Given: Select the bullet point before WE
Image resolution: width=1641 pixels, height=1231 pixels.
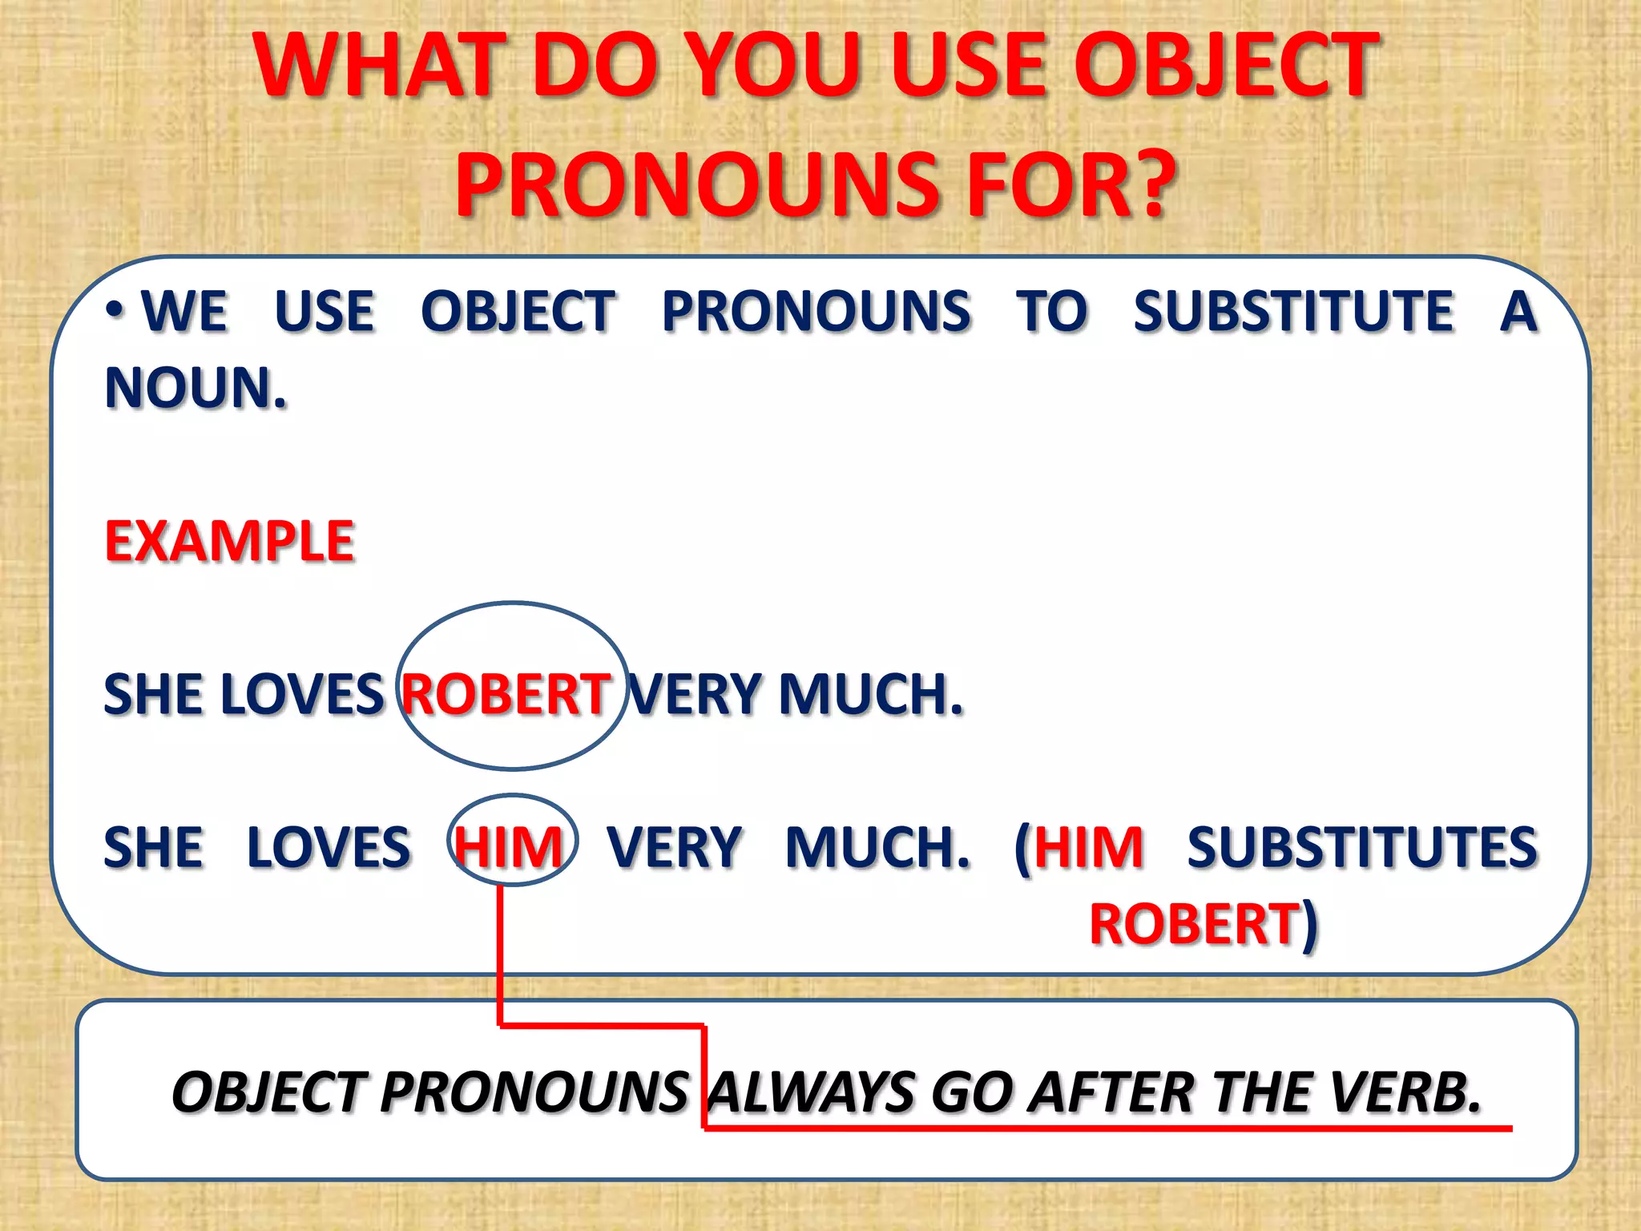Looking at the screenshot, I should point(116,310).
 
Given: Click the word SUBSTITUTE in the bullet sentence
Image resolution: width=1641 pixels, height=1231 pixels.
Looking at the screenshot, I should point(1292,312).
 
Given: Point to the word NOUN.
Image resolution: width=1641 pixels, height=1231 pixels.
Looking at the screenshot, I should point(196,389).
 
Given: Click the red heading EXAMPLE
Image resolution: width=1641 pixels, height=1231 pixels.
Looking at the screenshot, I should point(230,542).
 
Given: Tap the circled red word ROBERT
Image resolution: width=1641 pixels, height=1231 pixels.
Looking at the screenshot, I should point(506,694).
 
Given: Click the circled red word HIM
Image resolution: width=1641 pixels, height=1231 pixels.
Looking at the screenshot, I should point(510,848).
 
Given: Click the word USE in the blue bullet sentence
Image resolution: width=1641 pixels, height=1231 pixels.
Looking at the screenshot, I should point(325,312).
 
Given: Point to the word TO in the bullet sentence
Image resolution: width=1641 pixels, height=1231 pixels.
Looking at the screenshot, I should point(1052,312).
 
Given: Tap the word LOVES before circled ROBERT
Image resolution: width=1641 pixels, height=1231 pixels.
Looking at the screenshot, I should point(302,694).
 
